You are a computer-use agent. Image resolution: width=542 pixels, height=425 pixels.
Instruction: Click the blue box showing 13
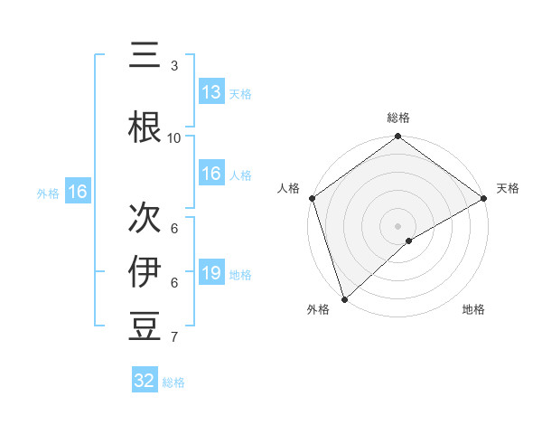coord(211,92)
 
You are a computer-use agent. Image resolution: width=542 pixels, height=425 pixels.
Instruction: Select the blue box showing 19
coord(211,273)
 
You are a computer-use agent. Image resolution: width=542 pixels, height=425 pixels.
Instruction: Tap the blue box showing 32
coord(145,381)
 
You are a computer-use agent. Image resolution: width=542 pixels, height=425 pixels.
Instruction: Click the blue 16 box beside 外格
coord(77,192)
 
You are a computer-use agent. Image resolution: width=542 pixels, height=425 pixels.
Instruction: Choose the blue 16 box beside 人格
coord(211,174)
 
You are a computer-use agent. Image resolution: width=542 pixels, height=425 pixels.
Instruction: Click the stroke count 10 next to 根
coord(174,137)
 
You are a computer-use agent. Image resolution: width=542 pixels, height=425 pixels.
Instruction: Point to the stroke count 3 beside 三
coord(174,66)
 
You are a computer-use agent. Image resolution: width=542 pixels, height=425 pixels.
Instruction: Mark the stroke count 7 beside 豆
coord(174,337)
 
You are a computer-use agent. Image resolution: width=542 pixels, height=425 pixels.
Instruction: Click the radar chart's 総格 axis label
coord(398,118)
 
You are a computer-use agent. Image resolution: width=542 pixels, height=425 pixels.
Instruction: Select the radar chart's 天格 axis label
coord(509,188)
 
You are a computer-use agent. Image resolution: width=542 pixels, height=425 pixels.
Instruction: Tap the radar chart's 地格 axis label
coord(473,309)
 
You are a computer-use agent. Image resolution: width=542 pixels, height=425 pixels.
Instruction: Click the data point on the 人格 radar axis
coord(312,198)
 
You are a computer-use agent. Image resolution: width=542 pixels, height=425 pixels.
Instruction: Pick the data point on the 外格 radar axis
coord(344,298)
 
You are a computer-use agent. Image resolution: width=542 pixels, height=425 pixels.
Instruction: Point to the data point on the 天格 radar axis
coord(484,198)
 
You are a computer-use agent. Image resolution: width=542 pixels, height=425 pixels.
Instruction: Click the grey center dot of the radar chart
coord(398,225)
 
